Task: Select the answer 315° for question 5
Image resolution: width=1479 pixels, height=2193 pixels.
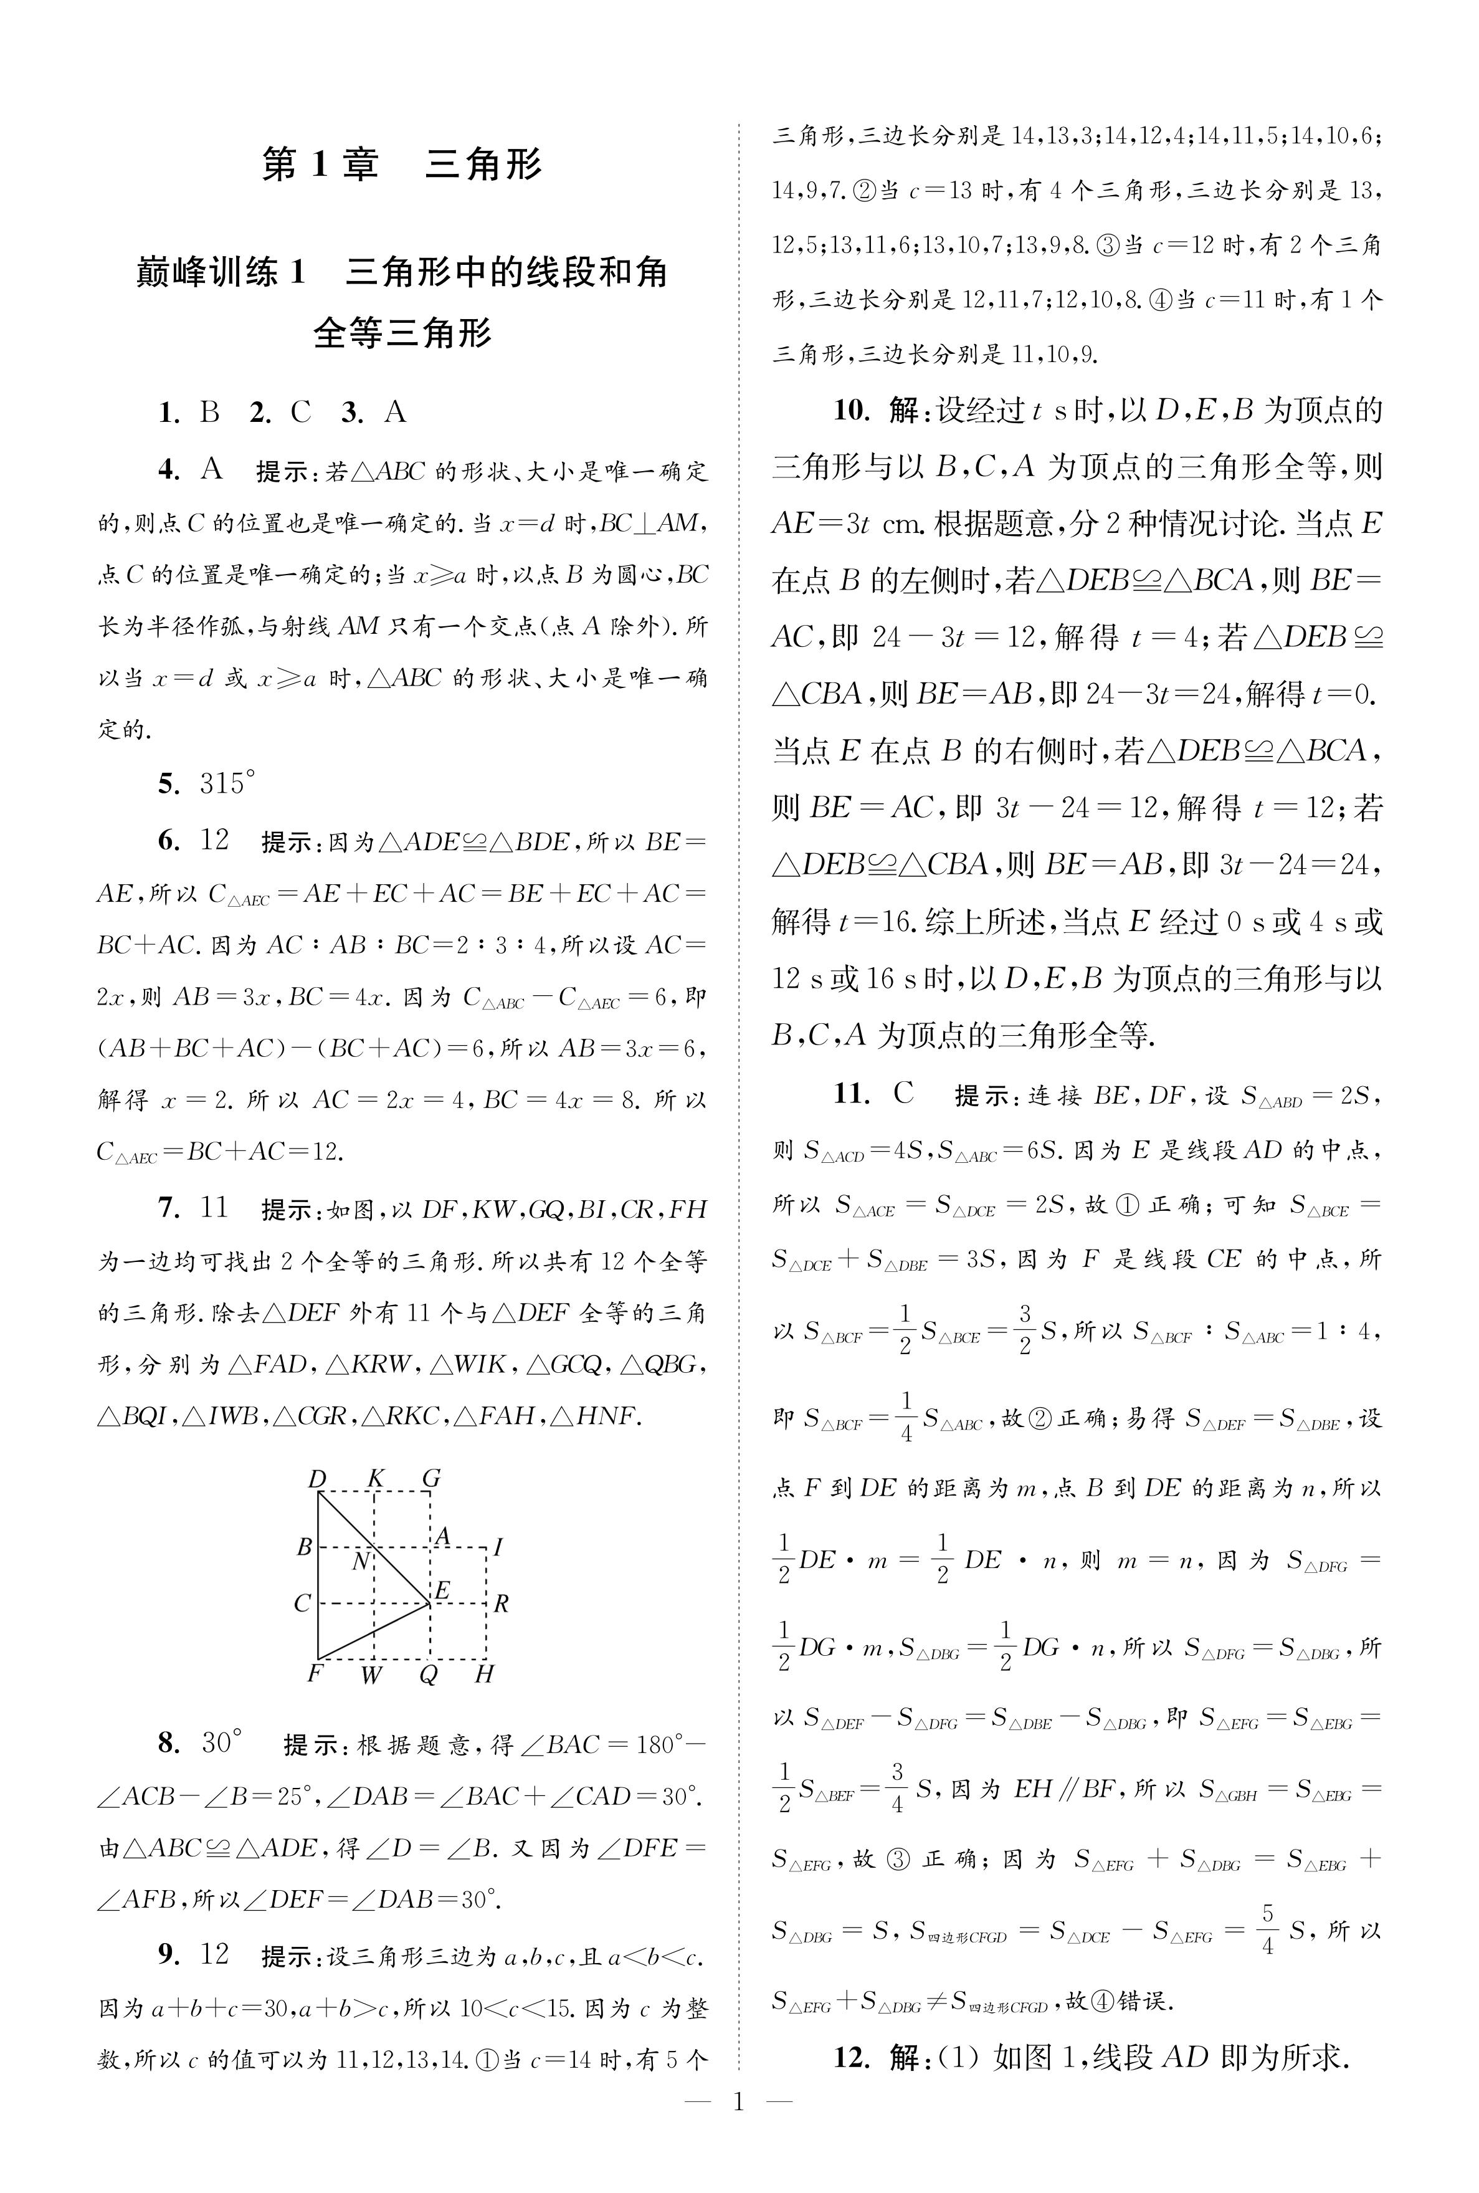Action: click(227, 783)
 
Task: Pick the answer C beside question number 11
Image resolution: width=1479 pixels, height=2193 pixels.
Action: click(903, 1094)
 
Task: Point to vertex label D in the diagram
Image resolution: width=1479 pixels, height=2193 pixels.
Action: click(318, 1479)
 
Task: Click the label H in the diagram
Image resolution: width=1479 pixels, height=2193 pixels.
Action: click(484, 1675)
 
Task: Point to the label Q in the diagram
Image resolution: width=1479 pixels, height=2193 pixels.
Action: click(428, 1675)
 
